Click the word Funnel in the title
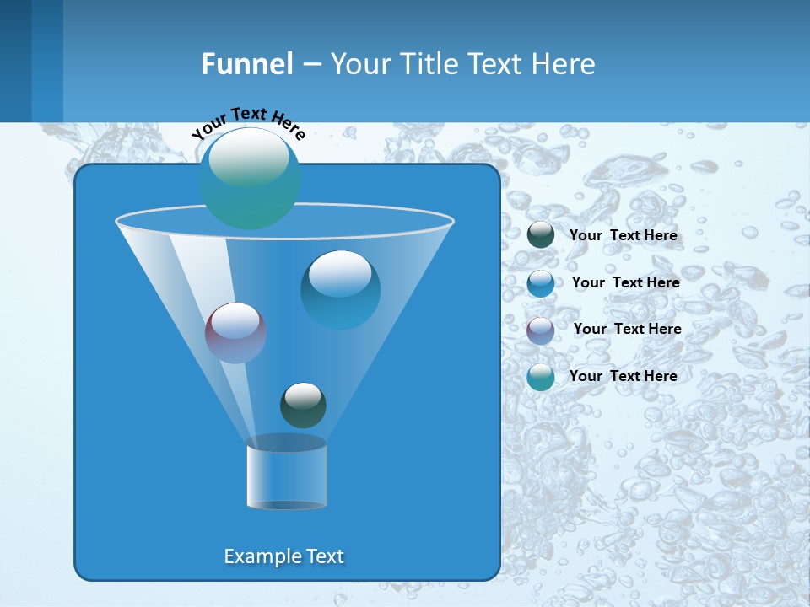pos(247,64)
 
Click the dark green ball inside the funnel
pos(303,406)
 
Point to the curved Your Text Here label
pos(249,122)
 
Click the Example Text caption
pos(284,556)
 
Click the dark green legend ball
pos(541,234)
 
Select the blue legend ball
pos(541,282)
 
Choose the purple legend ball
pos(541,330)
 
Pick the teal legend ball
pos(541,377)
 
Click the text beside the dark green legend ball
pos(624,235)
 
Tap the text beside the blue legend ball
pos(626,282)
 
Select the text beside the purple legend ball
pos(628,329)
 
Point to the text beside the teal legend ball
pos(624,376)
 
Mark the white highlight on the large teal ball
pos(249,157)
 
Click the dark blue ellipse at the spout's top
pos(286,443)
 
